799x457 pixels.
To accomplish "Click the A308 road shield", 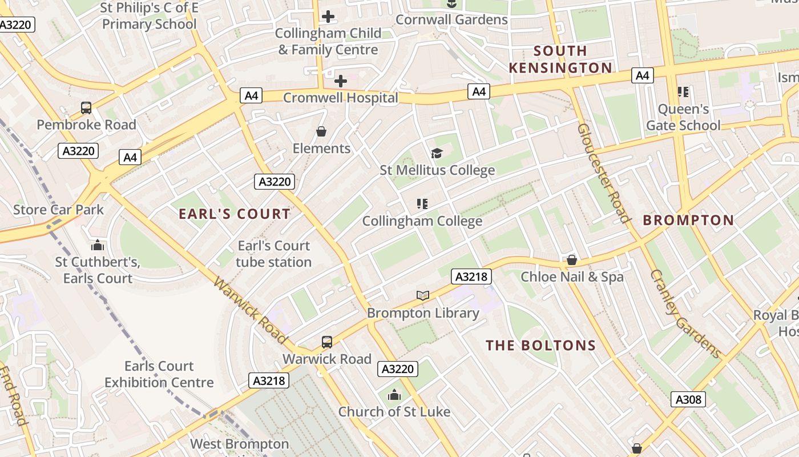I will [x=688, y=399].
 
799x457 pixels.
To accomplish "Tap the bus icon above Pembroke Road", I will [x=86, y=107].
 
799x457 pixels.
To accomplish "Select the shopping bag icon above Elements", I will [x=321, y=132].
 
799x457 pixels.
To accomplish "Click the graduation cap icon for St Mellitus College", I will [x=437, y=153].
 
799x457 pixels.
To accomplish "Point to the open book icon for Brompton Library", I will [x=422, y=295].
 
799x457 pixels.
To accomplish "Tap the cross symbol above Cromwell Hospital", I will [x=341, y=81].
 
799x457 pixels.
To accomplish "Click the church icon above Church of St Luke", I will [x=394, y=395].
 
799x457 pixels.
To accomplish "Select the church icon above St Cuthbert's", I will [x=98, y=245].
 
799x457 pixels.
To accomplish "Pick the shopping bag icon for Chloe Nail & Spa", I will [x=572, y=260].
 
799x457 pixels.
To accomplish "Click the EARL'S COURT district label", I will [x=235, y=214].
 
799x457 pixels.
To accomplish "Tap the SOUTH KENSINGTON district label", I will [x=560, y=59].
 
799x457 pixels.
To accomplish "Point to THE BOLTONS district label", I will [x=540, y=346].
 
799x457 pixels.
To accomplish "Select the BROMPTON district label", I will [x=688, y=220].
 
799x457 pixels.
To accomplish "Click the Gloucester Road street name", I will [x=603, y=173].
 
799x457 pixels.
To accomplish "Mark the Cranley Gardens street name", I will [x=685, y=314].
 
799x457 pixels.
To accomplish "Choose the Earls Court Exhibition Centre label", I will [x=159, y=374].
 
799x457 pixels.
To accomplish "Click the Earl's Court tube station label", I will [x=274, y=254].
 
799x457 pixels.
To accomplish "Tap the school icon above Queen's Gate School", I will [x=683, y=91].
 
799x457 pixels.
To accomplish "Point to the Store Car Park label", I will [x=59, y=210].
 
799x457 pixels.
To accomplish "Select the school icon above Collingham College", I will [x=422, y=203].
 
